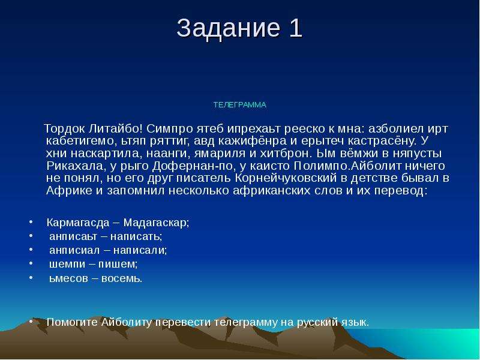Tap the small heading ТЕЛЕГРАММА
[x=239, y=105]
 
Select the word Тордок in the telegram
[x=65, y=129]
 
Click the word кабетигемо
[x=80, y=141]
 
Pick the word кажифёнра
[x=253, y=141]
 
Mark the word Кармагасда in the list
[x=78, y=223]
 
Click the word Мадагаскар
[x=156, y=223]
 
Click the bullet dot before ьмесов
[x=31, y=277]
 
